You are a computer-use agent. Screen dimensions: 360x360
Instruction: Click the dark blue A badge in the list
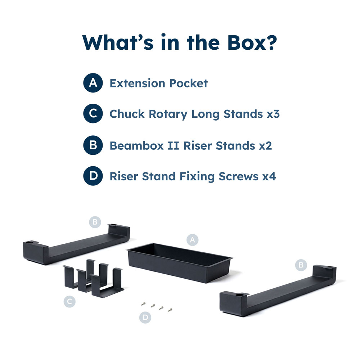coord(93,83)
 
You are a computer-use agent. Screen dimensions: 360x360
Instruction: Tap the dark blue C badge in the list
coord(93,113)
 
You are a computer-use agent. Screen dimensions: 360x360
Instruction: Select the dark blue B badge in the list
coord(93,145)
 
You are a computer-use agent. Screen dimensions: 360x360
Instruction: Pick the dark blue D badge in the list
coord(93,176)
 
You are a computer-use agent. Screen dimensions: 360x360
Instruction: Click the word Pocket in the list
coord(189,83)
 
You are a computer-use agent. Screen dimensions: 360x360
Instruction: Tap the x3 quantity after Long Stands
coord(273,114)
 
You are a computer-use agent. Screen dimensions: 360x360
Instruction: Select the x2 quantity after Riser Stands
coord(265,146)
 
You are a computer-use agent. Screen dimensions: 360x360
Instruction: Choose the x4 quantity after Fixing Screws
coord(269,176)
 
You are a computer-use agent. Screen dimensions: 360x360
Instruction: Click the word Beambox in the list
coord(136,146)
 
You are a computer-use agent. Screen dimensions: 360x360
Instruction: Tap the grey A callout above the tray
coord(192,240)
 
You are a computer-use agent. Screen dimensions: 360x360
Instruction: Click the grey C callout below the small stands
coord(69,301)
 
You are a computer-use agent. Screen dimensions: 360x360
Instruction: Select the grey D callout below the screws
coord(145,317)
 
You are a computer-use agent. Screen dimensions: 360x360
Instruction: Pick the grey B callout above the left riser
coord(95,222)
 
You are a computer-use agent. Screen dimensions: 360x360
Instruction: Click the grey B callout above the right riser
coord(301,265)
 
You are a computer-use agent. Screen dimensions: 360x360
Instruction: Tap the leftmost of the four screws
coord(143,304)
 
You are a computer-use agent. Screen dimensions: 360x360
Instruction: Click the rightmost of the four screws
coord(170,310)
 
